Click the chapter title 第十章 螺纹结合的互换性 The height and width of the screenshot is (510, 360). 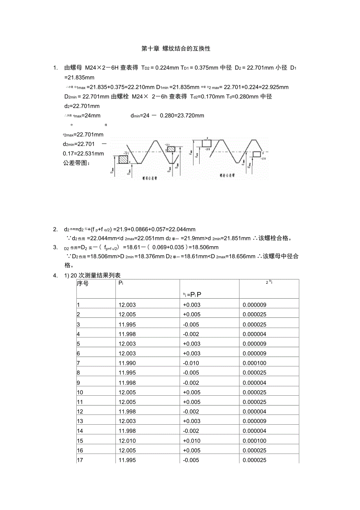coord(176,49)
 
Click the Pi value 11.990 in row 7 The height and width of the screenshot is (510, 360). coord(127,363)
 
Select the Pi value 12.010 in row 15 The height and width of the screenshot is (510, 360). coord(127,441)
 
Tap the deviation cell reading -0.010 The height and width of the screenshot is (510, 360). coord(191,363)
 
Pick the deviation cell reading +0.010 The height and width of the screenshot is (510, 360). coord(191,441)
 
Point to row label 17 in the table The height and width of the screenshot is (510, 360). coord(79,460)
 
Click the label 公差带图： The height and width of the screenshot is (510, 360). coord(76,163)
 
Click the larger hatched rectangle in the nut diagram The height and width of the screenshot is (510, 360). coord(123,159)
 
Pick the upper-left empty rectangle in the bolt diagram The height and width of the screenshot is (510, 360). coord(206,143)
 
